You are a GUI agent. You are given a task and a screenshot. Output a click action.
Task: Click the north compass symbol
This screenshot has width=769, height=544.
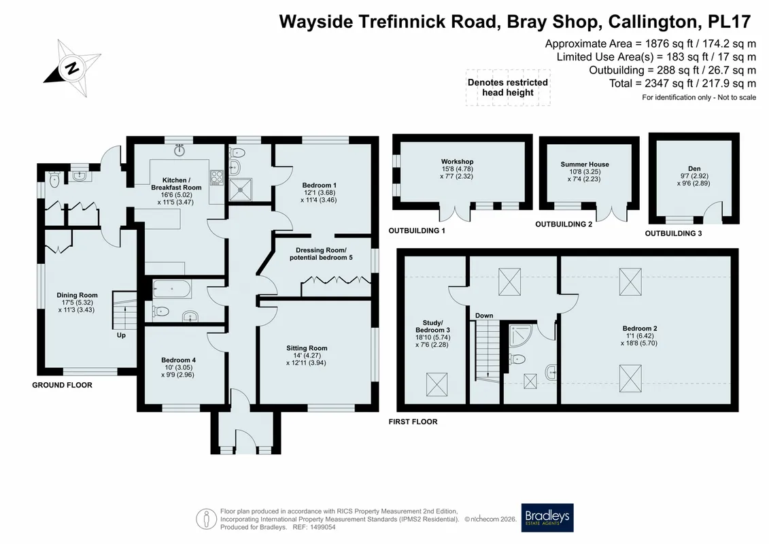pos(73,68)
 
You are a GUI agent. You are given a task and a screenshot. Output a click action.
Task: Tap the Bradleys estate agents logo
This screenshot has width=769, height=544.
pos(547,517)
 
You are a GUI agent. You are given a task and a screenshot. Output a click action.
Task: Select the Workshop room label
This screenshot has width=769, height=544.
pos(457,169)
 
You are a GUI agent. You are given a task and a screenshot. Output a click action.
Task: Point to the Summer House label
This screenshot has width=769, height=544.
pos(585,171)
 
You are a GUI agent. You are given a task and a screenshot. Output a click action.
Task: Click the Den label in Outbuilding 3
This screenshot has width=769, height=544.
pos(694,175)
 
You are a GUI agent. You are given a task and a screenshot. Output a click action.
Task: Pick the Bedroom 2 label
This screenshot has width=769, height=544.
pos(640,335)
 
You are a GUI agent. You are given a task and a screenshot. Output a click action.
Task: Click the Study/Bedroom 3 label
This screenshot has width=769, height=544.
pos(432,334)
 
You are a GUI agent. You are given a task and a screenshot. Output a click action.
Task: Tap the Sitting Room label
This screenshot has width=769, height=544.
pos(307,355)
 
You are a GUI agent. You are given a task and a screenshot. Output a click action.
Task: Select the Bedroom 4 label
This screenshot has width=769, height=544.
pos(178,367)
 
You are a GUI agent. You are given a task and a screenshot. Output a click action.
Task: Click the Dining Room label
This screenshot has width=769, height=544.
pos(77,302)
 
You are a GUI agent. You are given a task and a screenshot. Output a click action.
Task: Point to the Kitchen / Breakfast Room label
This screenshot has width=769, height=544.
pos(176,191)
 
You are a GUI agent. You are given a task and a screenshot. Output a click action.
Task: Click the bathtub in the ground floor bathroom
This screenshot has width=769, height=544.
pos(171,289)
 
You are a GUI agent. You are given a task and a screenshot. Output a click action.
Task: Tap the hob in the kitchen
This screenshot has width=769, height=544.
pos(217,177)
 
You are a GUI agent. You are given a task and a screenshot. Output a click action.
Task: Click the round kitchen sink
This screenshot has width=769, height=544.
pos(180,150)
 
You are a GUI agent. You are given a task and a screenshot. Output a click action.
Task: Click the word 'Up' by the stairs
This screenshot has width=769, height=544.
pos(121,335)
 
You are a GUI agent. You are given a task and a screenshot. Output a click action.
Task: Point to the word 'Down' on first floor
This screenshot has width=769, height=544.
pos(484,316)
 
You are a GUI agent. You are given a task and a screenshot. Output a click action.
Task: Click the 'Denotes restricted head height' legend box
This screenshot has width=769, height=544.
pos(508,87)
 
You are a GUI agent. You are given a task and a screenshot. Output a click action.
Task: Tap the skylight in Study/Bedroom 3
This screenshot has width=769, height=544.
pos(437,384)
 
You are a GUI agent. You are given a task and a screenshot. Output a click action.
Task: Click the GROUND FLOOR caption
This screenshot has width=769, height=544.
pos(63,385)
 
